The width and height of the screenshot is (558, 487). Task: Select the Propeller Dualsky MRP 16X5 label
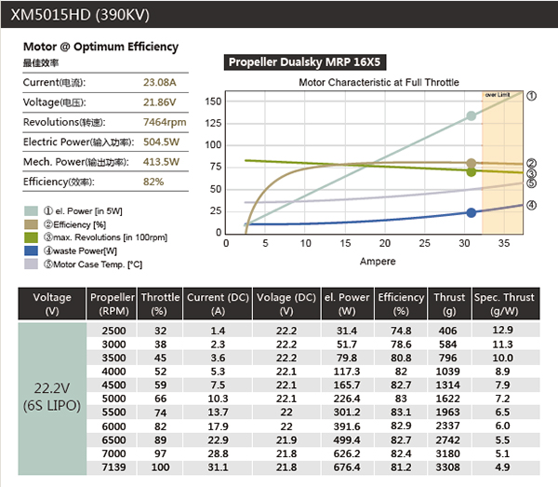(306, 62)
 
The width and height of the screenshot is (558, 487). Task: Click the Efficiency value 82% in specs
(153, 182)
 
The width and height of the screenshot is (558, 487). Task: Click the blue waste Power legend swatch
(30, 250)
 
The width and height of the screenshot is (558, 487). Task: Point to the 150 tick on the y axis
(213, 101)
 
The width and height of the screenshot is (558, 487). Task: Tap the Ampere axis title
(377, 262)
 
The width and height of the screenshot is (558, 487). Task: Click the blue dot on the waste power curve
(472, 212)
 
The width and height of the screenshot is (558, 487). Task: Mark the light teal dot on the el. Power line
(472, 116)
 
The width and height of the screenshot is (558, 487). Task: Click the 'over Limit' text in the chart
(498, 95)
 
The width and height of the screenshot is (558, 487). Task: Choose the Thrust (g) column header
(449, 304)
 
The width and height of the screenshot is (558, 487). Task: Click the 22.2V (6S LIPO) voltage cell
(52, 399)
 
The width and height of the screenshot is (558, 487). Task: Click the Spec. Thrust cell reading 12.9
(503, 331)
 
